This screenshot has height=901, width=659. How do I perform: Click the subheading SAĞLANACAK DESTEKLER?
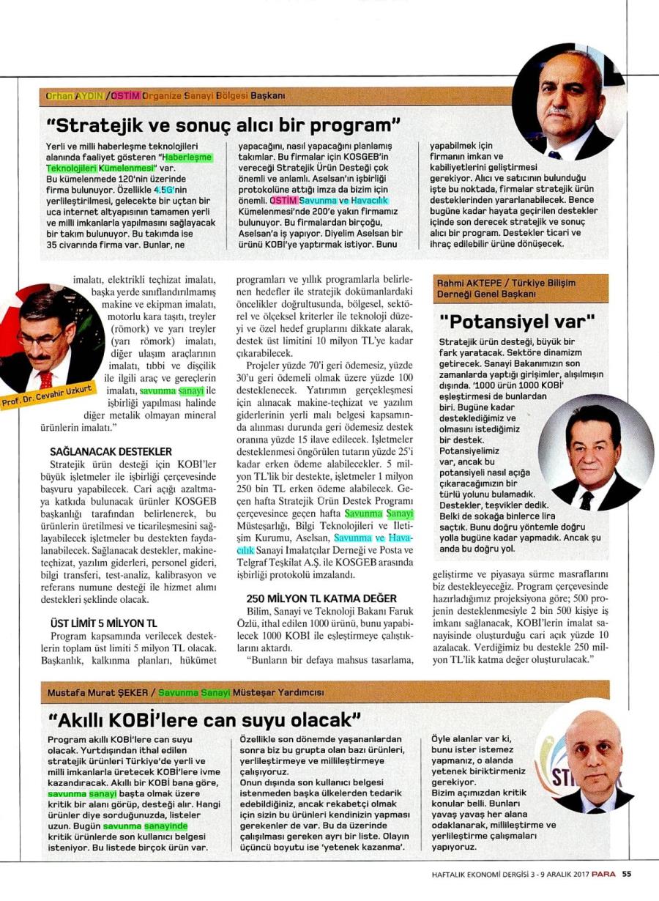[x=111, y=451]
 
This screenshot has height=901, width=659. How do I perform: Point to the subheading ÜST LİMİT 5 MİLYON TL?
[x=103, y=623]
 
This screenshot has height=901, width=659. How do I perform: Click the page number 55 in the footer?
[x=627, y=872]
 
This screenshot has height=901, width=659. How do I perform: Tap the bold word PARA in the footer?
[x=604, y=872]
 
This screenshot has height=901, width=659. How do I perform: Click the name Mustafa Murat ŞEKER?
[x=99, y=692]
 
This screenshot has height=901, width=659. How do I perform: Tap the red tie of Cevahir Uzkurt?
[x=45, y=379]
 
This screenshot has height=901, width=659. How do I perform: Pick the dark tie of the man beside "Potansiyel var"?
[x=587, y=500]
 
